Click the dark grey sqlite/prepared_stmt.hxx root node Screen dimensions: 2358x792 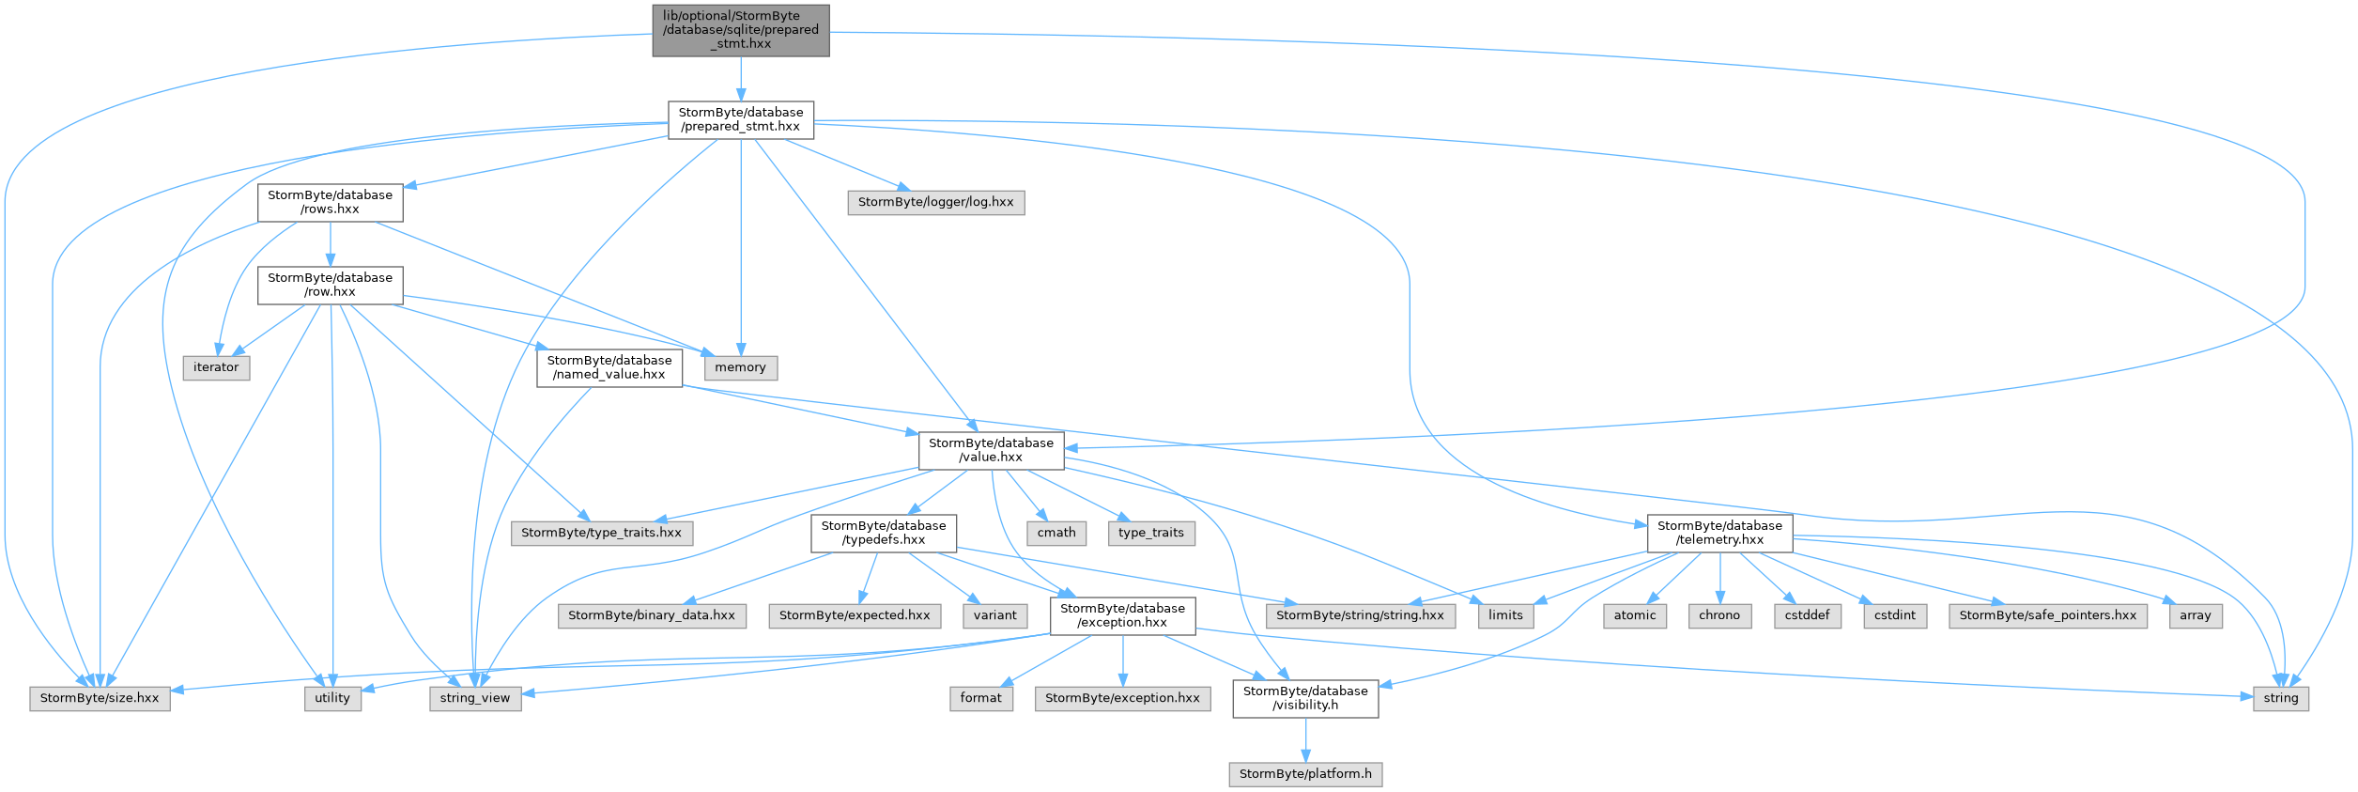(741, 30)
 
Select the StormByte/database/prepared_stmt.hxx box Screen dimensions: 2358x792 (741, 120)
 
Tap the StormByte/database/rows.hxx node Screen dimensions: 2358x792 (331, 203)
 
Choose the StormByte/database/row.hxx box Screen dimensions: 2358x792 (331, 286)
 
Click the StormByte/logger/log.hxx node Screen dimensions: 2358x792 (936, 203)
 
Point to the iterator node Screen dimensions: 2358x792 (216, 368)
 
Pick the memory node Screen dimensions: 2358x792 (741, 368)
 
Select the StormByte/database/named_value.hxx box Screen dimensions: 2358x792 (609, 368)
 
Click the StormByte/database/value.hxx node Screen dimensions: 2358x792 (992, 451)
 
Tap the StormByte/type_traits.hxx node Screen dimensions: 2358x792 (602, 534)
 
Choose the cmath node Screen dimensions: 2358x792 (1057, 534)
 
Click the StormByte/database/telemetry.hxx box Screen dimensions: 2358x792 (1720, 534)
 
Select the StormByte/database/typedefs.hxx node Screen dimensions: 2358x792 (885, 534)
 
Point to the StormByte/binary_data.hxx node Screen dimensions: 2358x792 (652, 616)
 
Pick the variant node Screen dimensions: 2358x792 (995, 616)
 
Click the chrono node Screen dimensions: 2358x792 (1720, 616)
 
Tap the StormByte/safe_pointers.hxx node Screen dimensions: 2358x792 (2048, 616)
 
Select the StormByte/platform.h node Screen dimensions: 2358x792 (1306, 775)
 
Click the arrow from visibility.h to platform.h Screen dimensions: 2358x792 (1306, 740)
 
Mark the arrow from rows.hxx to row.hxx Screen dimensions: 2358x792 (331, 244)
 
